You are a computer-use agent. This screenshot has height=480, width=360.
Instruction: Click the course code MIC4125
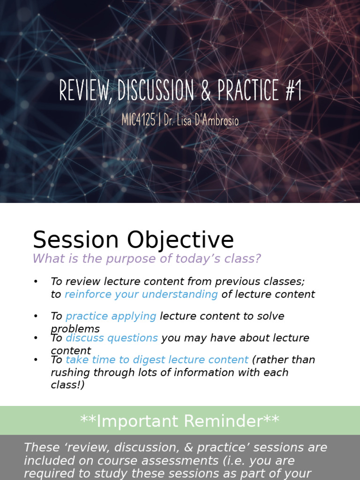[138, 120]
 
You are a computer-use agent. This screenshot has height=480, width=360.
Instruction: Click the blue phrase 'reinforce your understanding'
[141, 294]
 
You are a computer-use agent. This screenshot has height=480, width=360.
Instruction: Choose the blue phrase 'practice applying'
[111, 316]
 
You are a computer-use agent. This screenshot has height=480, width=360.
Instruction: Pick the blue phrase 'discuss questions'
[112, 337]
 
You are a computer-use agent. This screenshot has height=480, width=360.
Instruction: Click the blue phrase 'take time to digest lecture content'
[157, 360]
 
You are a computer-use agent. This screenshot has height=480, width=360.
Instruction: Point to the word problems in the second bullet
[75, 329]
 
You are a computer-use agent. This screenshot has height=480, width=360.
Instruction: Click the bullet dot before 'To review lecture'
[35, 281]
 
